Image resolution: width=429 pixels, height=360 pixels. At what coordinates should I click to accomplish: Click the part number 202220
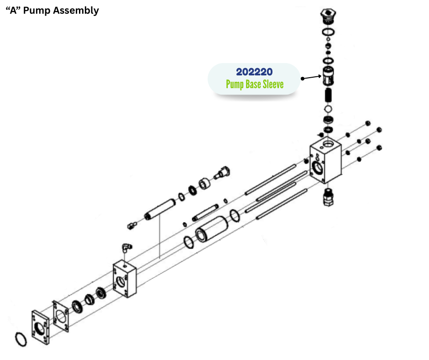click(254, 72)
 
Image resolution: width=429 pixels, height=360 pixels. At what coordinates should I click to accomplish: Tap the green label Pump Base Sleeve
click(254, 85)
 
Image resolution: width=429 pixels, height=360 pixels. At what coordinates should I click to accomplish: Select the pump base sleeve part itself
click(329, 76)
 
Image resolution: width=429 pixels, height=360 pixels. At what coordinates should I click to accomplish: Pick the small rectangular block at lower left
click(124, 279)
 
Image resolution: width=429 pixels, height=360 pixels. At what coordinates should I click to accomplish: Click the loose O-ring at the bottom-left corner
click(21, 340)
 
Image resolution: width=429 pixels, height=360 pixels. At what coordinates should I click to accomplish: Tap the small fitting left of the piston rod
click(132, 225)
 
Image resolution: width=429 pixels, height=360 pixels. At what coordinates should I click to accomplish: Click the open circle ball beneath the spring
click(328, 109)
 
